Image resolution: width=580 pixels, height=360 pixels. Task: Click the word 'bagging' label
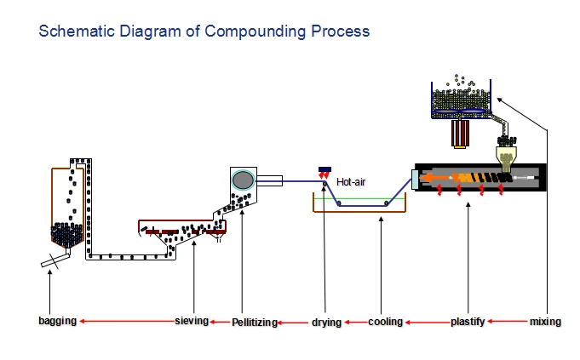tap(57, 321)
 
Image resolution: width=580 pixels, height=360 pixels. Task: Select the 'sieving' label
tap(192, 321)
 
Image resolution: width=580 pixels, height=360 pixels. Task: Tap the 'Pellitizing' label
tap(255, 323)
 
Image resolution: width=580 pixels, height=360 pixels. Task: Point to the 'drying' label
tap(326, 323)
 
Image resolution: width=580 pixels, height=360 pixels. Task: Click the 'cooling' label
tap(385, 322)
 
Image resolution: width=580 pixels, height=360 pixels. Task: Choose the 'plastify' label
tap(468, 322)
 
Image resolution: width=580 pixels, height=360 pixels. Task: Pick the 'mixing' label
tap(545, 322)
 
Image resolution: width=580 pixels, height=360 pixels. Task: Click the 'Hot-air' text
tap(351, 182)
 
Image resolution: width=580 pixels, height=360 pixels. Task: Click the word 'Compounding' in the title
tap(256, 31)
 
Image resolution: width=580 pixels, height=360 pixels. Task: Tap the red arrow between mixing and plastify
tap(507, 321)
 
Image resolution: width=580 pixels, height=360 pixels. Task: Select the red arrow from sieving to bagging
tap(127, 321)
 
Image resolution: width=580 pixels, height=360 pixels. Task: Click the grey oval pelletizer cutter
tap(243, 180)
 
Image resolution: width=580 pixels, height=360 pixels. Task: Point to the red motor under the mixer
tap(460, 133)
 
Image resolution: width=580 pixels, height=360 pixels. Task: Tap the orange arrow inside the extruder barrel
tap(435, 178)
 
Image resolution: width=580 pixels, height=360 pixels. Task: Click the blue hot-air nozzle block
tap(324, 169)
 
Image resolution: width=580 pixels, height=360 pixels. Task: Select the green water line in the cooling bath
tap(359, 198)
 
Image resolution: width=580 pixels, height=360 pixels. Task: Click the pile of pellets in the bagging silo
tap(66, 234)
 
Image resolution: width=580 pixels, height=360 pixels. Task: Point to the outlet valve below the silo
tap(55, 260)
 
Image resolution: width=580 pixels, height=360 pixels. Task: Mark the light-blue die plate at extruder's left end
tap(415, 180)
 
